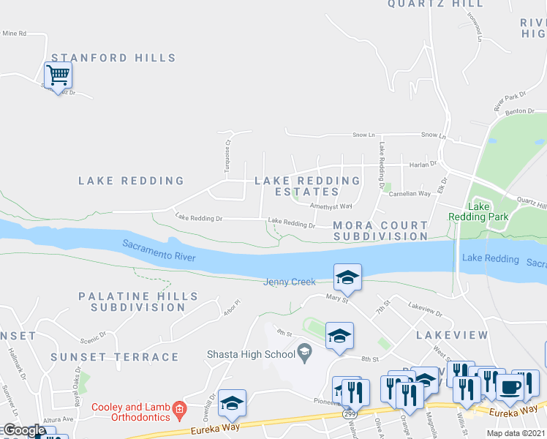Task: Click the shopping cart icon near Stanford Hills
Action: tap(58, 75)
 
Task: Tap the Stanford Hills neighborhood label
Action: tap(113, 58)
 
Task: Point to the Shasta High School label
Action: tap(249, 355)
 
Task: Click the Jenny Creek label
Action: tap(290, 282)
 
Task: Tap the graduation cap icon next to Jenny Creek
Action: tap(347, 277)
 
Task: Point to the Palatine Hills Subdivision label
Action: tap(138, 301)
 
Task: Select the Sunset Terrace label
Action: tap(115, 357)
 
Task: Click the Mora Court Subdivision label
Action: tap(380, 230)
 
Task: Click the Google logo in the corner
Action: tap(23, 430)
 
